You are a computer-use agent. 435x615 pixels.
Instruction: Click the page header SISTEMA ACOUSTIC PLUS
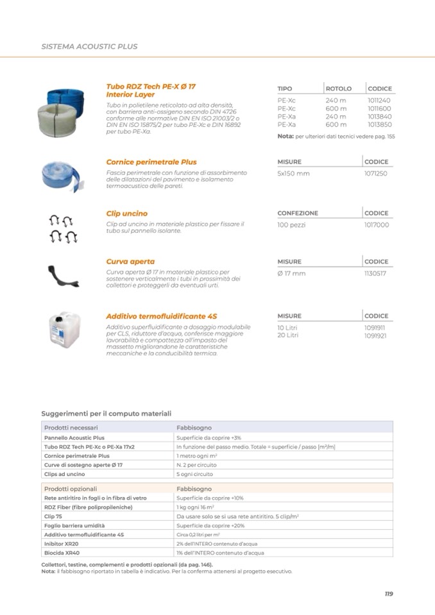pos(89,47)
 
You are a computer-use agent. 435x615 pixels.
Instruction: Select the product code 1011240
pos(379,101)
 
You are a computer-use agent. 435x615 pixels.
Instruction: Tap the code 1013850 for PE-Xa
pos(379,124)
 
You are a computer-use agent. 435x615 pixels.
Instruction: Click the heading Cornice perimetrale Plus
pos(151,162)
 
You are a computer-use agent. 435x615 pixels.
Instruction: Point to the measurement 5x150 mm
pos(293,174)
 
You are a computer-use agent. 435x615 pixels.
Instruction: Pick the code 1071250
pos(375,174)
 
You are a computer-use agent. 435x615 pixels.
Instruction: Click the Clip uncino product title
pos(126,214)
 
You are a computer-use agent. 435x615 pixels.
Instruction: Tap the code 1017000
pos(376,225)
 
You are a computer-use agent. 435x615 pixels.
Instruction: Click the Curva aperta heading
pos(130,262)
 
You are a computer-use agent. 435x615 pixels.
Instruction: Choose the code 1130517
pos(375,274)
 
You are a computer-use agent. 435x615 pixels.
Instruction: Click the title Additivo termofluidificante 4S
pos(161,316)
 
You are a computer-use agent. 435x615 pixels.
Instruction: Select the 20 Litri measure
pos(288,335)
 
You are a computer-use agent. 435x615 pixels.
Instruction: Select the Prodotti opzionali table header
pos(70,489)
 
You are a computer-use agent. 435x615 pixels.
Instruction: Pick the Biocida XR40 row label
pos(62,552)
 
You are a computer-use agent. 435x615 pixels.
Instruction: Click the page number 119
pos(388,594)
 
